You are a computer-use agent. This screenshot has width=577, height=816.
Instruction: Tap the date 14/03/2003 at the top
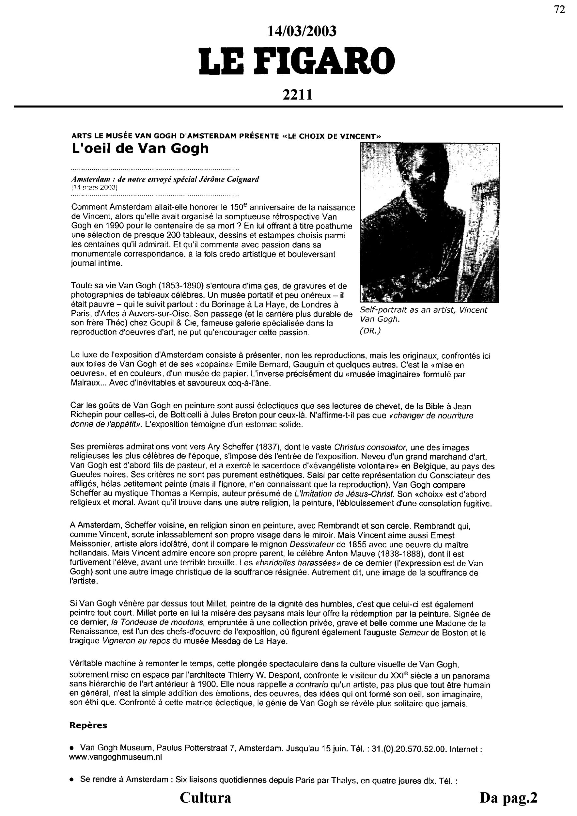(302, 32)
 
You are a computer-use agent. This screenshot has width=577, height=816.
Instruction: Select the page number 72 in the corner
(559, 10)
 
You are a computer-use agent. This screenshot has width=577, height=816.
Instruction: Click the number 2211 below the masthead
(297, 95)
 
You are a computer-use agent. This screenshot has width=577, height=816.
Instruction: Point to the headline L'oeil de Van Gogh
(140, 148)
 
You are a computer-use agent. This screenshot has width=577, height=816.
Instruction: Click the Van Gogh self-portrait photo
(429, 223)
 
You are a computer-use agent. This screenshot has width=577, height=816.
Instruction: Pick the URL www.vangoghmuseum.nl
(116, 757)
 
